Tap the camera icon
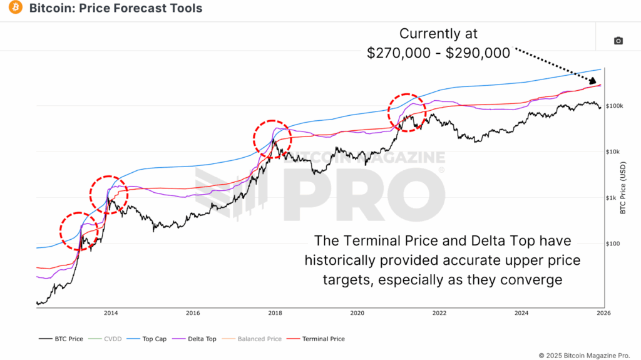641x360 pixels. pos(618,41)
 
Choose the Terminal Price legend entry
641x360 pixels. pos(319,339)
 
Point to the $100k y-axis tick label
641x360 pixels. pos(616,106)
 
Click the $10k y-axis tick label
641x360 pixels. pos(615,152)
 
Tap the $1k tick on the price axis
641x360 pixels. pos(613,198)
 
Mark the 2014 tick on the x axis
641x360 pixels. pos(111,312)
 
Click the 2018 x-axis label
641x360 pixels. pos(275,312)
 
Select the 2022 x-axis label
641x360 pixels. pos(439,312)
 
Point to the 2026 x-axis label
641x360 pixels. pos(603,312)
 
